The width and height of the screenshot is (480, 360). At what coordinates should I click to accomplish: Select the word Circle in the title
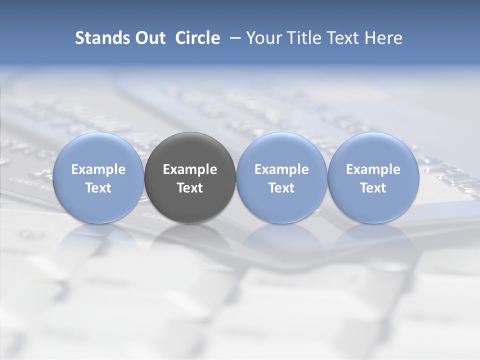click(x=197, y=38)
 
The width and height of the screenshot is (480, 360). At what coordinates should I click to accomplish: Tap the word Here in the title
click(x=382, y=38)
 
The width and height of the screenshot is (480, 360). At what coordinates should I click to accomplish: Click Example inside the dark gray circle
click(x=190, y=169)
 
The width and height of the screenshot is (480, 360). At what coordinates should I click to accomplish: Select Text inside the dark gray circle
click(x=190, y=188)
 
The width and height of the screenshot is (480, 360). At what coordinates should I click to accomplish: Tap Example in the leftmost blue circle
click(x=98, y=169)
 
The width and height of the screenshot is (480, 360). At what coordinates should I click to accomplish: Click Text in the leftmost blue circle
click(x=98, y=188)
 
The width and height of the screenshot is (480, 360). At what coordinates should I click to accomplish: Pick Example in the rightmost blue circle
click(x=373, y=169)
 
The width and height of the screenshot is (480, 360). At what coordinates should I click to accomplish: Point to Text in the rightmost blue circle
click(x=373, y=188)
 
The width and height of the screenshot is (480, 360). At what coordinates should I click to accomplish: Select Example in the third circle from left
click(x=281, y=169)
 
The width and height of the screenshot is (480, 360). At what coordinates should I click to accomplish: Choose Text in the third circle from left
click(x=281, y=188)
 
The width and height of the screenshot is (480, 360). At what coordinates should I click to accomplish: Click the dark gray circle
click(x=190, y=150)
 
